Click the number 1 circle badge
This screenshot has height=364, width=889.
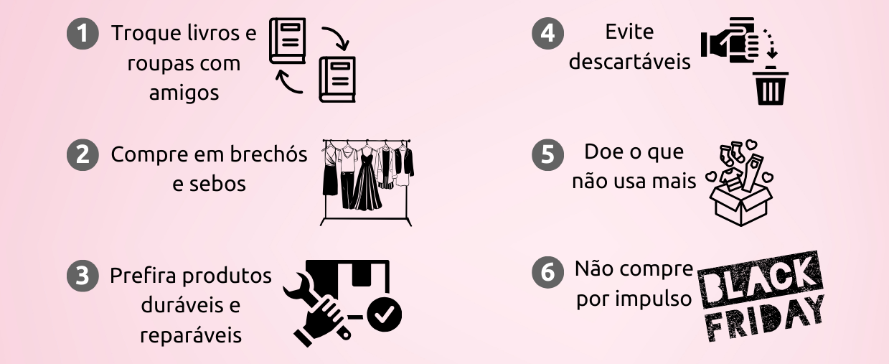click(83, 34)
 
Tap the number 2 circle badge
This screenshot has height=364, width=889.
click(83, 156)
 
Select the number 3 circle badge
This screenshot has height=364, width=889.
click(83, 276)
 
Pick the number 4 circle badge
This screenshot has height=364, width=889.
click(547, 34)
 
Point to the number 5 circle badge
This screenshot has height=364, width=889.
click(547, 156)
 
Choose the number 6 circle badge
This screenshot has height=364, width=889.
click(547, 273)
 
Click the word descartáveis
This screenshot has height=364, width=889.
click(629, 62)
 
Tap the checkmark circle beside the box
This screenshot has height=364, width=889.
click(385, 313)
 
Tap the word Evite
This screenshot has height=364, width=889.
click(629, 32)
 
